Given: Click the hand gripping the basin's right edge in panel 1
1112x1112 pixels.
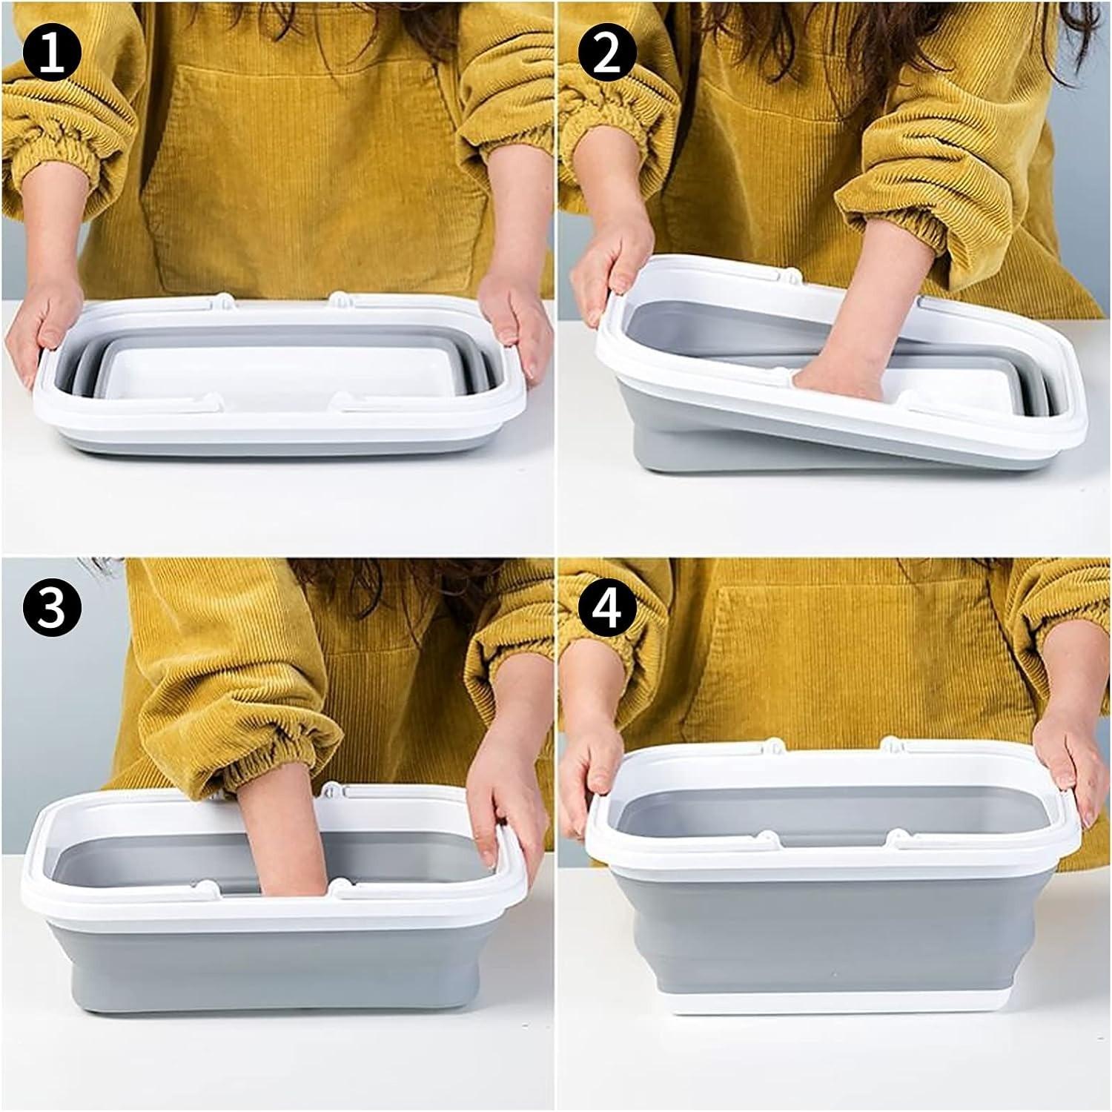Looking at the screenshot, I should click(512, 315).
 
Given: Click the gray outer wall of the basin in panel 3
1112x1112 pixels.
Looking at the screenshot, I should click(274, 964).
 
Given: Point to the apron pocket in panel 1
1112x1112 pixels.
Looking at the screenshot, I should click(311, 171).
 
